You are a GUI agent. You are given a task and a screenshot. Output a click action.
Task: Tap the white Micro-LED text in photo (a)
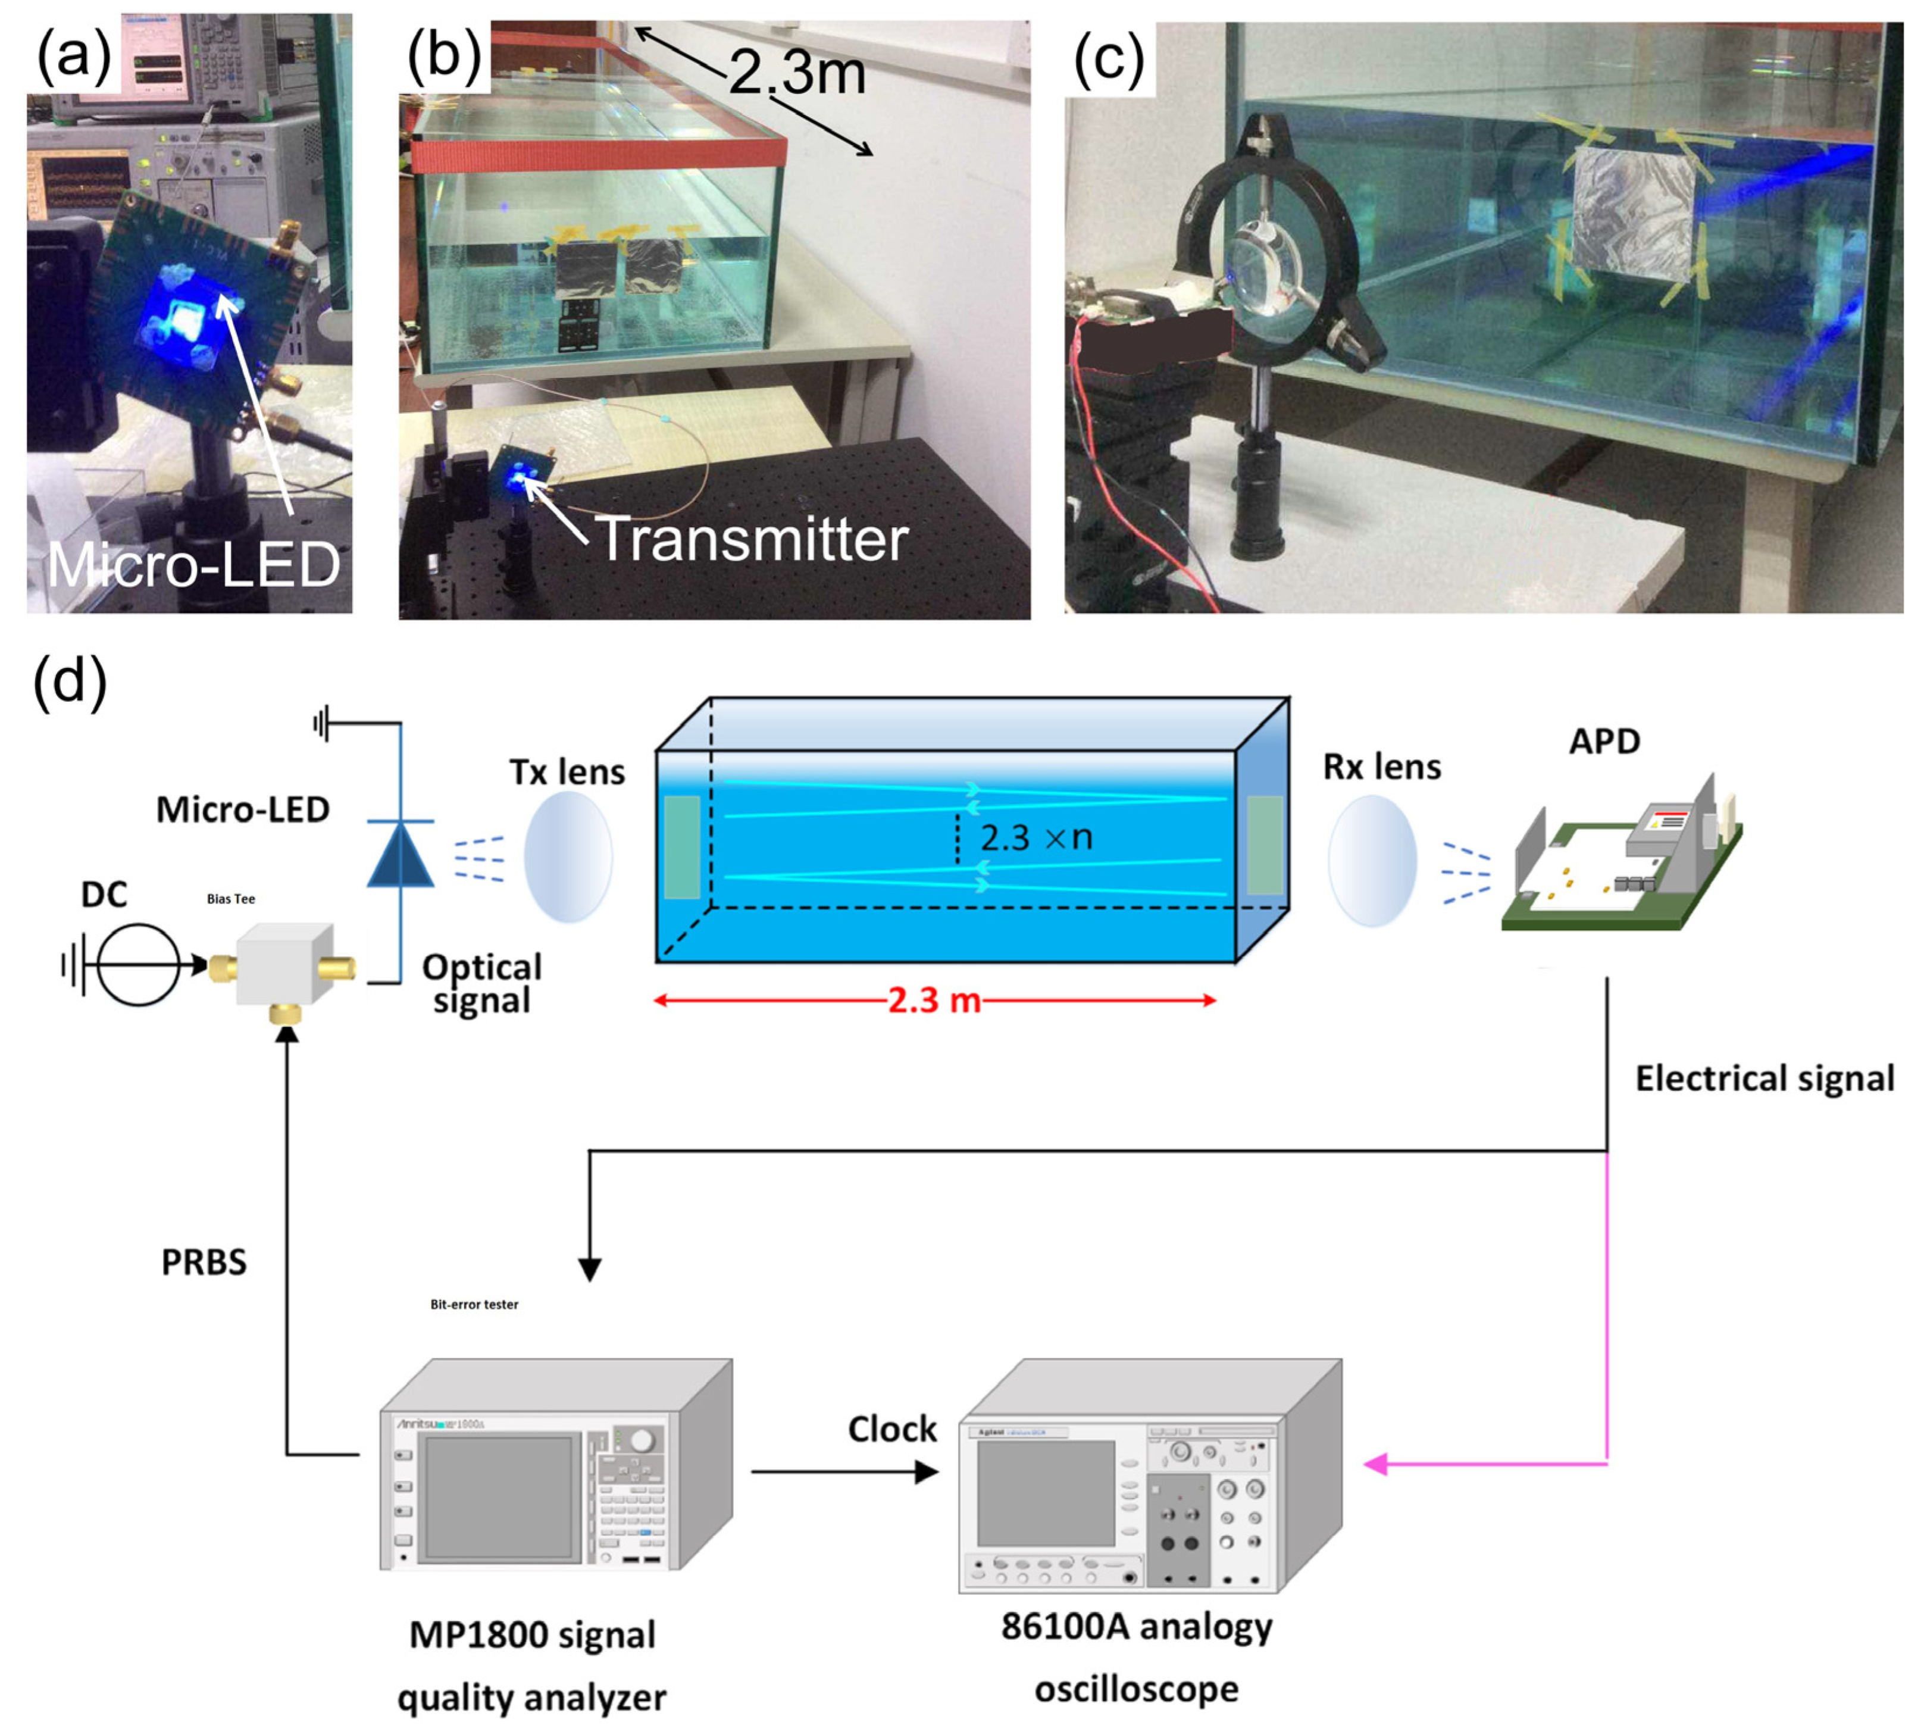tap(194, 565)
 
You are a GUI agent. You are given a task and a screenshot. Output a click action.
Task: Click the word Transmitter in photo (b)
tap(752, 540)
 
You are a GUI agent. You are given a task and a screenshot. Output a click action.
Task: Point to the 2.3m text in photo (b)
tap(797, 73)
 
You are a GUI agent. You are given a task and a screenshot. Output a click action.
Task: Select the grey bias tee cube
tap(283, 964)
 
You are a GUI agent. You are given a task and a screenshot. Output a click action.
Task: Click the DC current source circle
tap(139, 965)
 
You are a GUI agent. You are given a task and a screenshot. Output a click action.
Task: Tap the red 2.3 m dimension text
tap(934, 1000)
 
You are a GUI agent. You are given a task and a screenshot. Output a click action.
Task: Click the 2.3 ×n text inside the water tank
tap(1035, 837)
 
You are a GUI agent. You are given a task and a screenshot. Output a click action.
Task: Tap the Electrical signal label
tap(1764, 1078)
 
